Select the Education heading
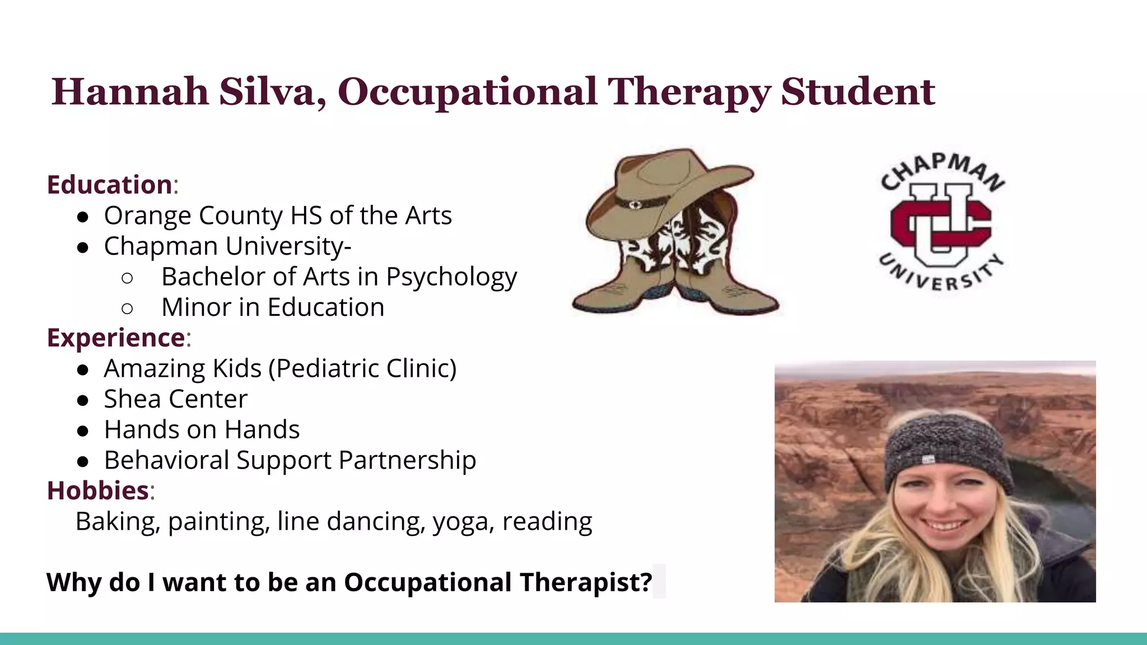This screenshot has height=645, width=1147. [x=110, y=185]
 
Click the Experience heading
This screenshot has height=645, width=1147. [x=116, y=338]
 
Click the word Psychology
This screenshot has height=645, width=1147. [x=451, y=277]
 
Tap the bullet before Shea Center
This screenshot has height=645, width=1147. [x=83, y=400]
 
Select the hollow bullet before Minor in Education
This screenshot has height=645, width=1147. [x=127, y=308]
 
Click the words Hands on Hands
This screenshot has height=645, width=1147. [x=202, y=429]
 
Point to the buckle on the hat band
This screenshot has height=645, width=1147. [x=635, y=205]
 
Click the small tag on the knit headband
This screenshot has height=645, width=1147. [x=928, y=460]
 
